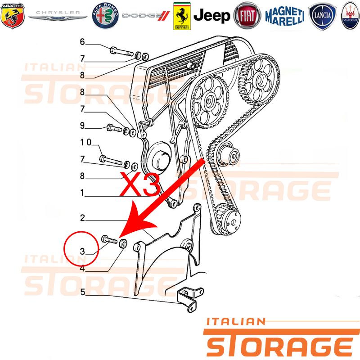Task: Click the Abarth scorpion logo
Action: coord(13,16)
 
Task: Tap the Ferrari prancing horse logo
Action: coord(182,16)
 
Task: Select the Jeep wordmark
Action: coord(211,16)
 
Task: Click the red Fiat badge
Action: coord(247,16)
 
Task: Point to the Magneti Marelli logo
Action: coord(285,16)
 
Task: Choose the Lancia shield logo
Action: coord(322,16)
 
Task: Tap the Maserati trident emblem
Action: coord(351,16)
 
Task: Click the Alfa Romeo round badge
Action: coord(105,16)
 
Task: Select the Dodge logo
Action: coord(146,16)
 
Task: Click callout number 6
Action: coord(82,42)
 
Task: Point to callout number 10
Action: coord(85,142)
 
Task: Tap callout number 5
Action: coord(83,292)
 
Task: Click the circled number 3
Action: coord(82,251)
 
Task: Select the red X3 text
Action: coord(140,184)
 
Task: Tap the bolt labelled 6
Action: coord(121,52)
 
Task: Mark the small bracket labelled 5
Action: coord(190,299)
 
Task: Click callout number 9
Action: coord(82,126)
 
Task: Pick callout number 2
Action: coord(82,218)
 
